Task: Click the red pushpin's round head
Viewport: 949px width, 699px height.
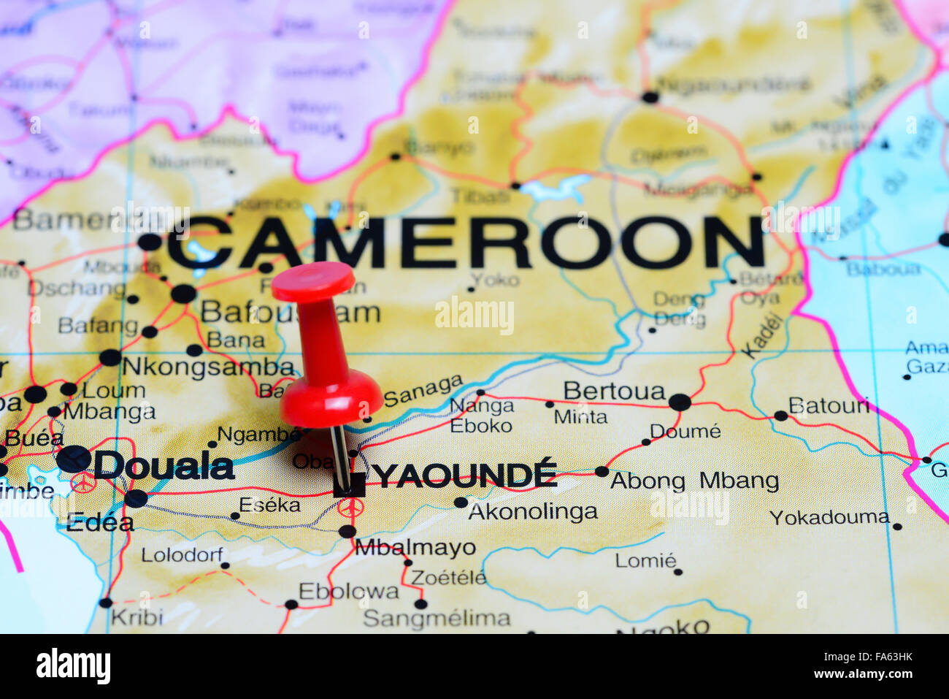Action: click(314, 281)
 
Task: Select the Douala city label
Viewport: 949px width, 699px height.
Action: click(164, 466)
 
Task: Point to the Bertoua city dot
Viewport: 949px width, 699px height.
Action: click(679, 402)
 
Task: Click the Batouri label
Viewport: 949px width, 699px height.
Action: click(829, 405)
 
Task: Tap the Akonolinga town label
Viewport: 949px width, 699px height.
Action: click(532, 511)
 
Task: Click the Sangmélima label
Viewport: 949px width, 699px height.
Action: click(437, 619)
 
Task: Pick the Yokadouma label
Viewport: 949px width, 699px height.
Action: click(829, 518)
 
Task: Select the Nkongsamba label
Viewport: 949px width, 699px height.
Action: click(208, 367)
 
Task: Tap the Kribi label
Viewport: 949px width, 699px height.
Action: click(137, 617)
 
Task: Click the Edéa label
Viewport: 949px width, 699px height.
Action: click(100, 522)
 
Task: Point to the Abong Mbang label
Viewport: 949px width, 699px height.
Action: click(694, 481)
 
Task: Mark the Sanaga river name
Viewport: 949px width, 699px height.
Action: click(423, 391)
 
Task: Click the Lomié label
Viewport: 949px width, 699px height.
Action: click(645, 560)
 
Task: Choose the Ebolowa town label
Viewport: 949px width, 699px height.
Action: click(348, 591)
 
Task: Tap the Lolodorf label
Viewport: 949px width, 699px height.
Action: click(182, 554)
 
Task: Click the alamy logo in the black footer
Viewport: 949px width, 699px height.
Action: click(73, 666)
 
